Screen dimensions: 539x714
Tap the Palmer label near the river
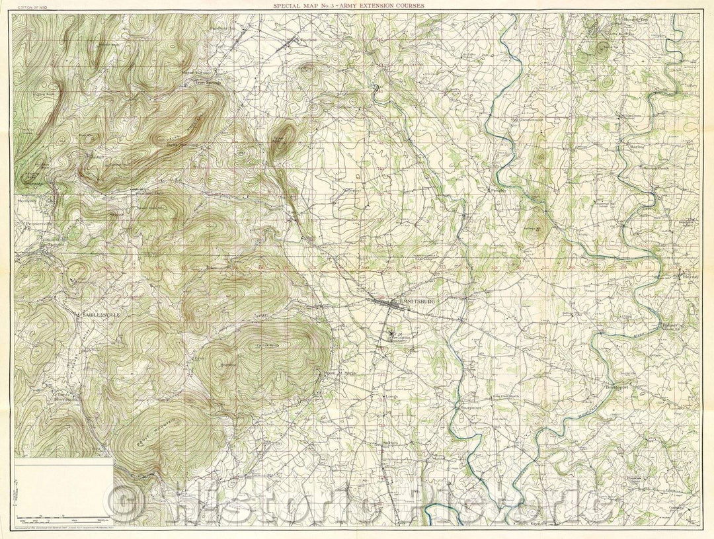coord(670,326)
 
